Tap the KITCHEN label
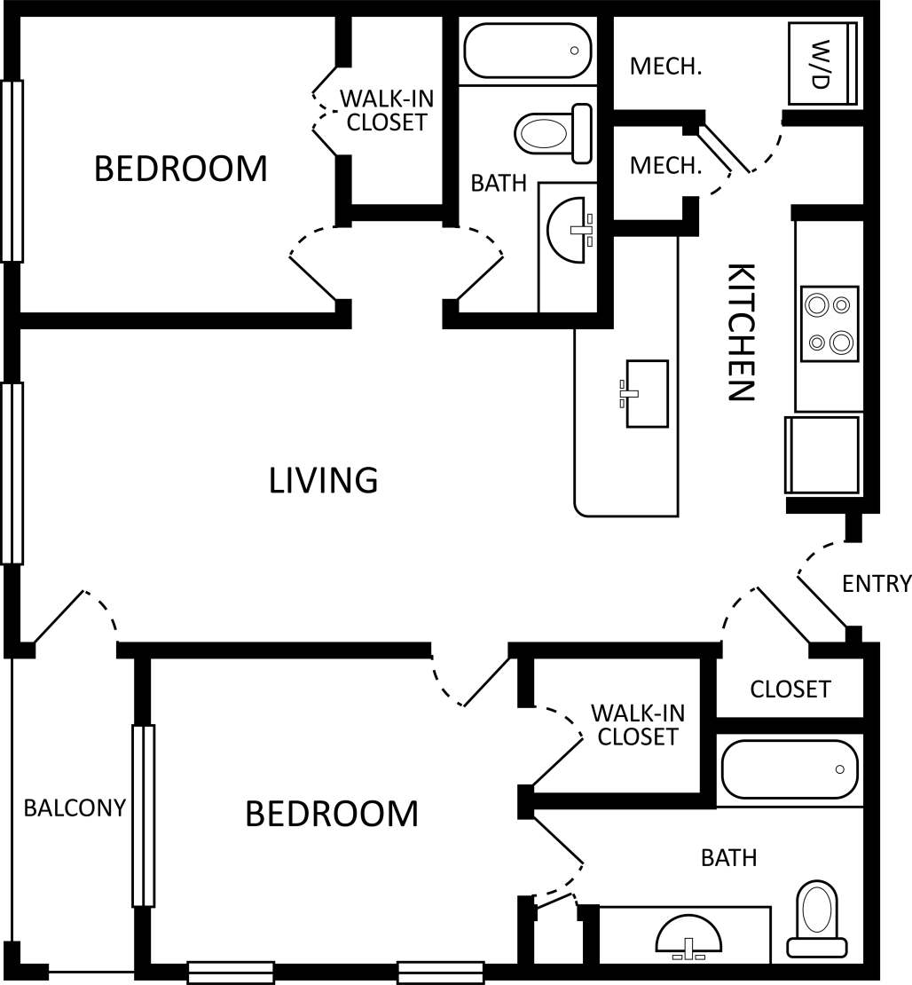click(740, 333)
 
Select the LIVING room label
click(324, 480)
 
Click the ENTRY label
click(876, 583)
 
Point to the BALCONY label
click(75, 808)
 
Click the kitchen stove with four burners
click(829, 324)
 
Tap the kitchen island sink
click(646, 393)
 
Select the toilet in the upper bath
click(554, 134)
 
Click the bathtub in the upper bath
click(528, 51)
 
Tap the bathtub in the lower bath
click(790, 769)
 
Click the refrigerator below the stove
click(822, 454)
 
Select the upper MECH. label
click(665, 67)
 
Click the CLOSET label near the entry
click(790, 689)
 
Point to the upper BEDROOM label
click(180, 168)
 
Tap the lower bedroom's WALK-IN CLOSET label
click(637, 724)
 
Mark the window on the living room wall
click(12, 473)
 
